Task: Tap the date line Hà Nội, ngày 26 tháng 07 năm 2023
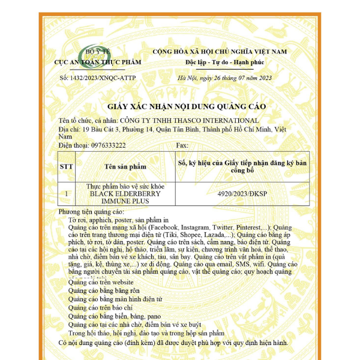[x=225, y=78]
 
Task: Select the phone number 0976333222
[x=106, y=145]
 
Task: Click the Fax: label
[x=182, y=145]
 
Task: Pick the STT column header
[x=67, y=166]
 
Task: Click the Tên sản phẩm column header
[x=124, y=166]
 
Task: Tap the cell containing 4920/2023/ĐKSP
[x=242, y=194]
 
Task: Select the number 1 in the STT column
[x=67, y=194]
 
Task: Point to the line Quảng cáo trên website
[x=101, y=281]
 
